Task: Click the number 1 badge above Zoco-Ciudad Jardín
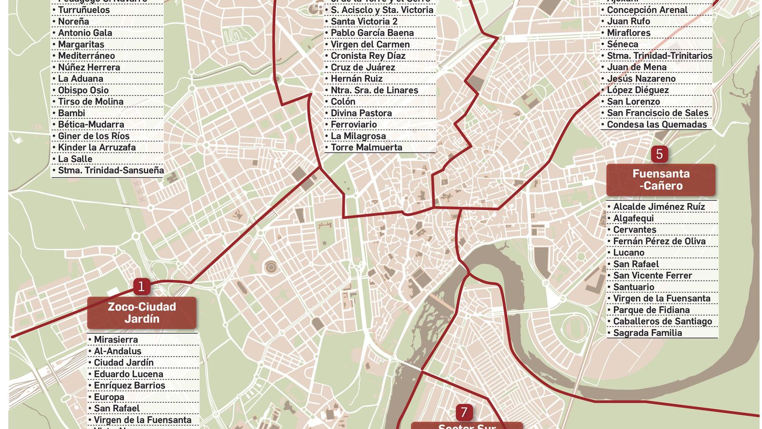pos(141,286)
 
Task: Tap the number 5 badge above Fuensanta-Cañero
pos(659,154)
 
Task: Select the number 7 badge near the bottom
pos(464,412)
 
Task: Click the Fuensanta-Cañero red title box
pos(661,180)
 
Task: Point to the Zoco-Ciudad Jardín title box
pos(141,313)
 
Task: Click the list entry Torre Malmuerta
pos(366,147)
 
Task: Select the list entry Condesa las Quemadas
pos(656,124)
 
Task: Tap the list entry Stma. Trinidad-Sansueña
pos(110,170)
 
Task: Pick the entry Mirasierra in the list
pos(116,339)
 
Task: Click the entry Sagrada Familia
pos(647,333)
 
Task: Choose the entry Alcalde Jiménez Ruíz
pos(659,206)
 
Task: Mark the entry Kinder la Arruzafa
pos(97,147)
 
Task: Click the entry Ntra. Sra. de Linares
pos(374,90)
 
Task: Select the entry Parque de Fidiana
pos(651,310)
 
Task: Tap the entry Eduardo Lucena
pos(128,374)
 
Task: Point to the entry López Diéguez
pos(638,90)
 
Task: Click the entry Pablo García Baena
pos(372,33)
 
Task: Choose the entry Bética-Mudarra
pos(91,124)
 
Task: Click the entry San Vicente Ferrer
pos(652,276)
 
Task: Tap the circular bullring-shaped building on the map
pos(271,267)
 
